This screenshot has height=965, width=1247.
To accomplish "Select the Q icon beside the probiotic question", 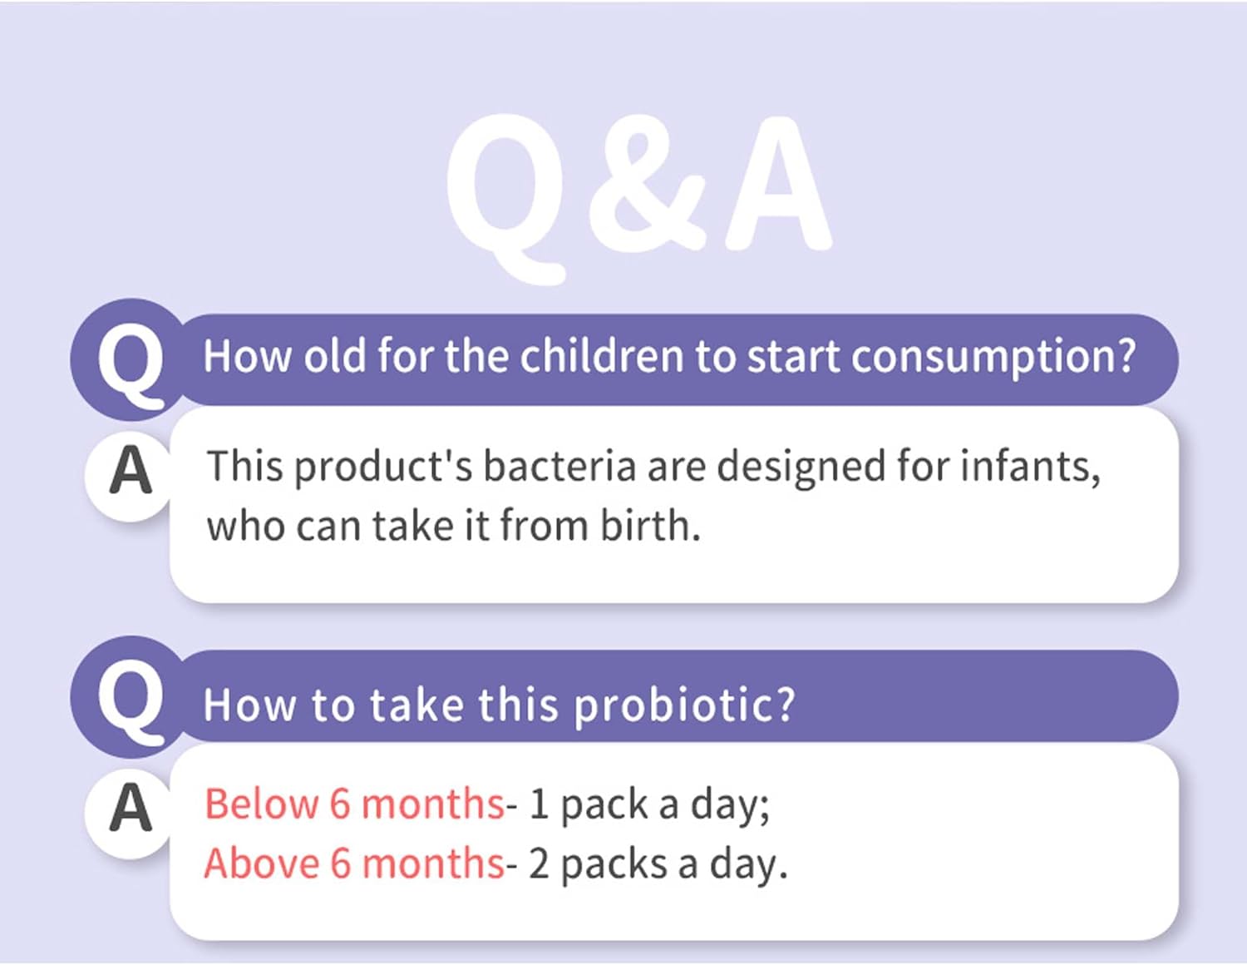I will coord(130,699).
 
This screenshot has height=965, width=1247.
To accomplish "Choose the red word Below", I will coord(261,804).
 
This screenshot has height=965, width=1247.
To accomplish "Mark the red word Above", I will coord(261,864).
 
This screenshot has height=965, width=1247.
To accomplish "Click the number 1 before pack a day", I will coord(539,804).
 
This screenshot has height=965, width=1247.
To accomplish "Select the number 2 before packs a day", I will coord(540,864).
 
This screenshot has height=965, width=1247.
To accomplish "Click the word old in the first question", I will coord(334,356).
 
